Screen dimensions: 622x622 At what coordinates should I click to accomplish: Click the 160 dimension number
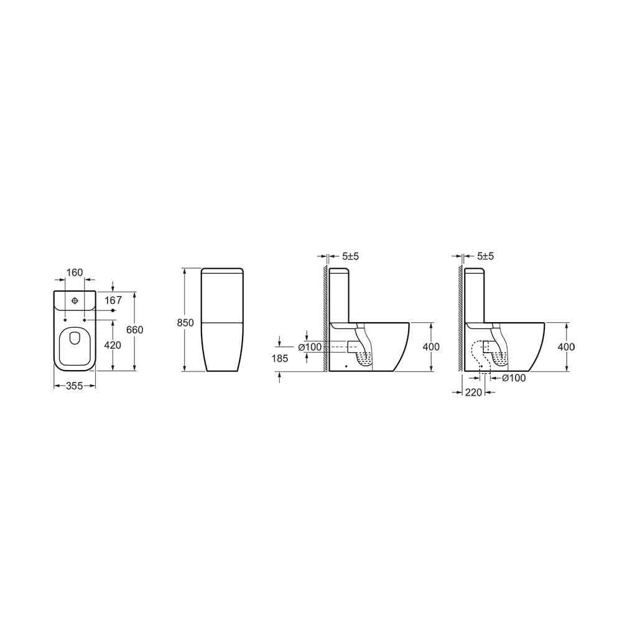point(75,272)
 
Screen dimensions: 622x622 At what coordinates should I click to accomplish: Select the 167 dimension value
point(113,300)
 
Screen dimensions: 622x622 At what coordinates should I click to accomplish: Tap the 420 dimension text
point(113,345)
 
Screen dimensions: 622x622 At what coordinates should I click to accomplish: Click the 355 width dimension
point(75,386)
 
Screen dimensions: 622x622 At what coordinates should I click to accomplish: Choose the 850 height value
point(185,322)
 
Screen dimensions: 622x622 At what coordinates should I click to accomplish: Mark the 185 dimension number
point(281,358)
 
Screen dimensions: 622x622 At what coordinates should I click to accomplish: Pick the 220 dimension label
point(474,392)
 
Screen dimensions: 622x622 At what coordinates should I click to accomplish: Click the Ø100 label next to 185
point(310,347)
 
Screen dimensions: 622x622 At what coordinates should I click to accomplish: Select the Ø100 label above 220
point(513,378)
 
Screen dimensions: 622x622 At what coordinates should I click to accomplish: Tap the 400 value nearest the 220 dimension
point(566,347)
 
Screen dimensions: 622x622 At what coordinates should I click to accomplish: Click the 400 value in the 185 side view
point(431,347)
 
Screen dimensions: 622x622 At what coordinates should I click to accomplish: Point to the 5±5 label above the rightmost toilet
point(485,256)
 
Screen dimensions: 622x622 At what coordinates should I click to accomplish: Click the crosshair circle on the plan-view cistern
point(75,301)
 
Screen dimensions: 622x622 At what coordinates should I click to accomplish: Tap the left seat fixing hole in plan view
point(65,320)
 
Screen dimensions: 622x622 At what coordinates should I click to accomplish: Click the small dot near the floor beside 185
point(346,366)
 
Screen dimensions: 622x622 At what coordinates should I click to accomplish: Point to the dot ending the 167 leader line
point(113,310)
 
